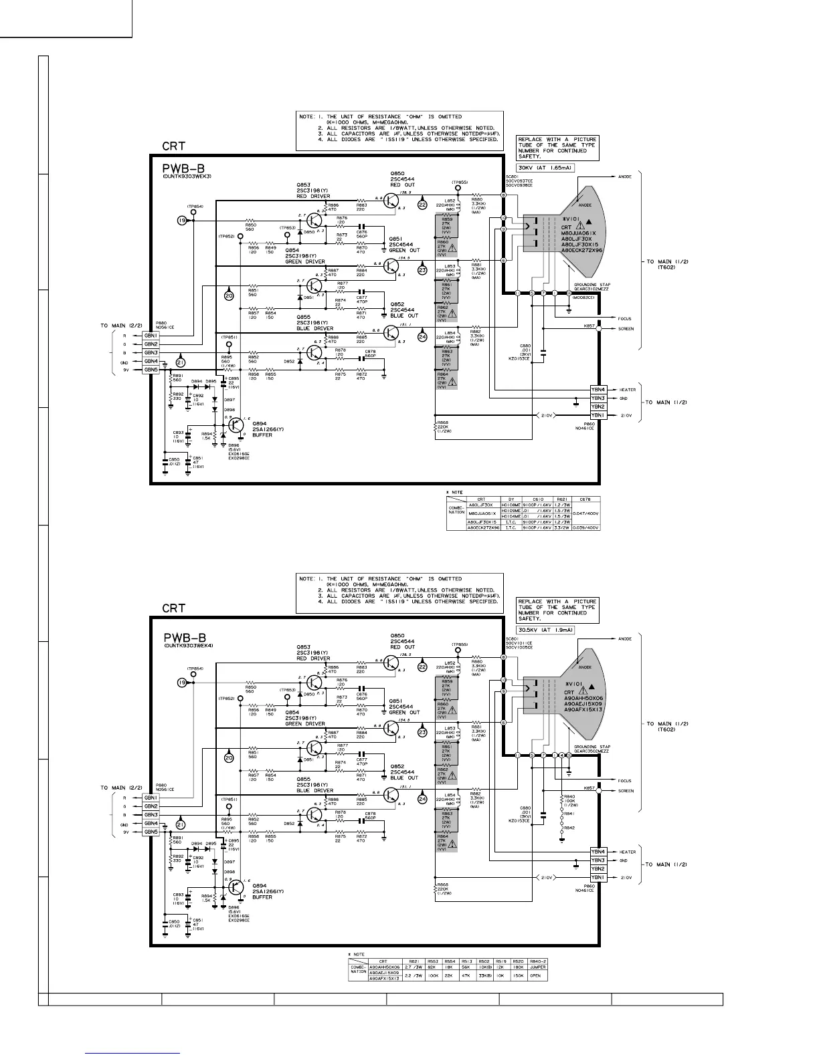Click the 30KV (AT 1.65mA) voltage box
point(545,167)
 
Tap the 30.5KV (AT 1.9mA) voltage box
point(546,629)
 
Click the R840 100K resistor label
point(569,799)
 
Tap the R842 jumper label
point(569,828)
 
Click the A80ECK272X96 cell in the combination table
point(483,527)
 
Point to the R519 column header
point(499,961)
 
